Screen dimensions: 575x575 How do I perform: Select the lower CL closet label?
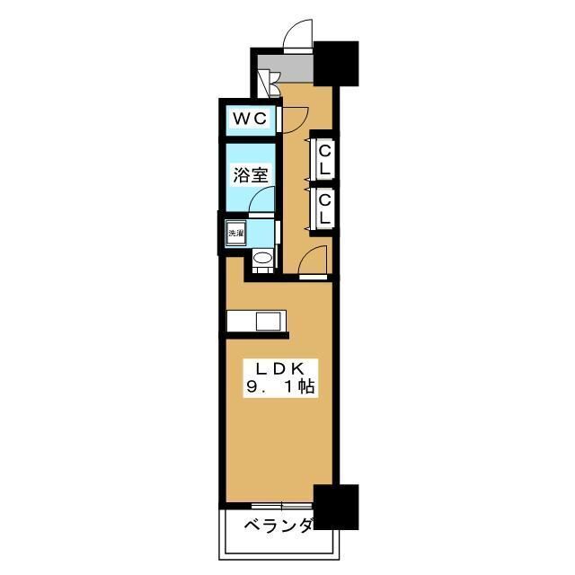(324, 208)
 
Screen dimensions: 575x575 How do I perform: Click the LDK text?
(279, 368)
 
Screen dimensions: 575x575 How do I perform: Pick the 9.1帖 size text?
(279, 388)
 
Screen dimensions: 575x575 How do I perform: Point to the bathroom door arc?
(261, 199)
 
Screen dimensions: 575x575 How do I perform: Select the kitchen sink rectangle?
(270, 321)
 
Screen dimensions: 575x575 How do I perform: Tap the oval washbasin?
(262, 261)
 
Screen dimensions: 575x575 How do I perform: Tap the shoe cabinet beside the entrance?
(264, 80)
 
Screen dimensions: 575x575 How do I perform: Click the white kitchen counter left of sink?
(241, 321)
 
